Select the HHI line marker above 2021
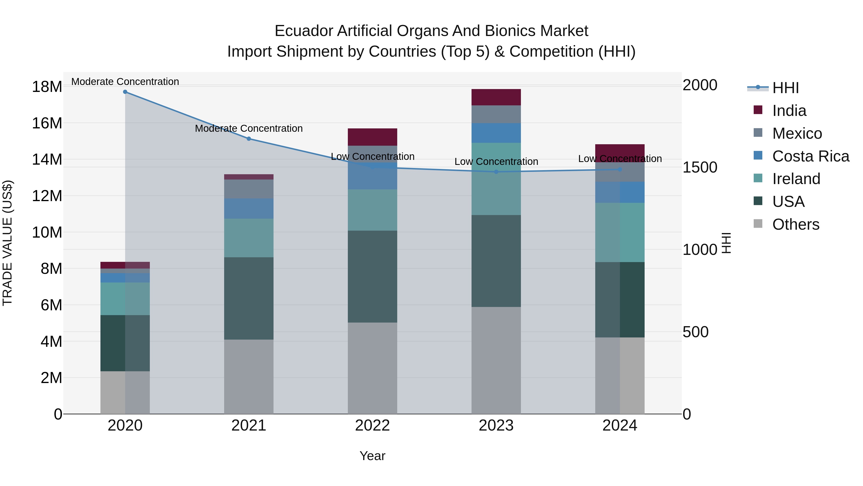tap(249, 139)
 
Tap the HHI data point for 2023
tap(496, 172)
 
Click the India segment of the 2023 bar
tap(496, 97)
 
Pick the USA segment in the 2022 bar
tap(372, 276)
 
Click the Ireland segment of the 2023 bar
tap(496, 179)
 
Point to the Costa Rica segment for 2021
tap(249, 209)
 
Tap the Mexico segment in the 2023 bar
tap(496, 114)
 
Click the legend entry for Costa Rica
tap(811, 156)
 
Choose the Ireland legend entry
tap(796, 179)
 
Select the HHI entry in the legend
tap(785, 88)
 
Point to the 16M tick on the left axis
tap(47, 123)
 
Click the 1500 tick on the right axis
tap(700, 167)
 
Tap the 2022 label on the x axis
tap(372, 426)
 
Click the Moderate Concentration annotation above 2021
tap(249, 128)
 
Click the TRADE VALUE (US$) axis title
tap(7, 243)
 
